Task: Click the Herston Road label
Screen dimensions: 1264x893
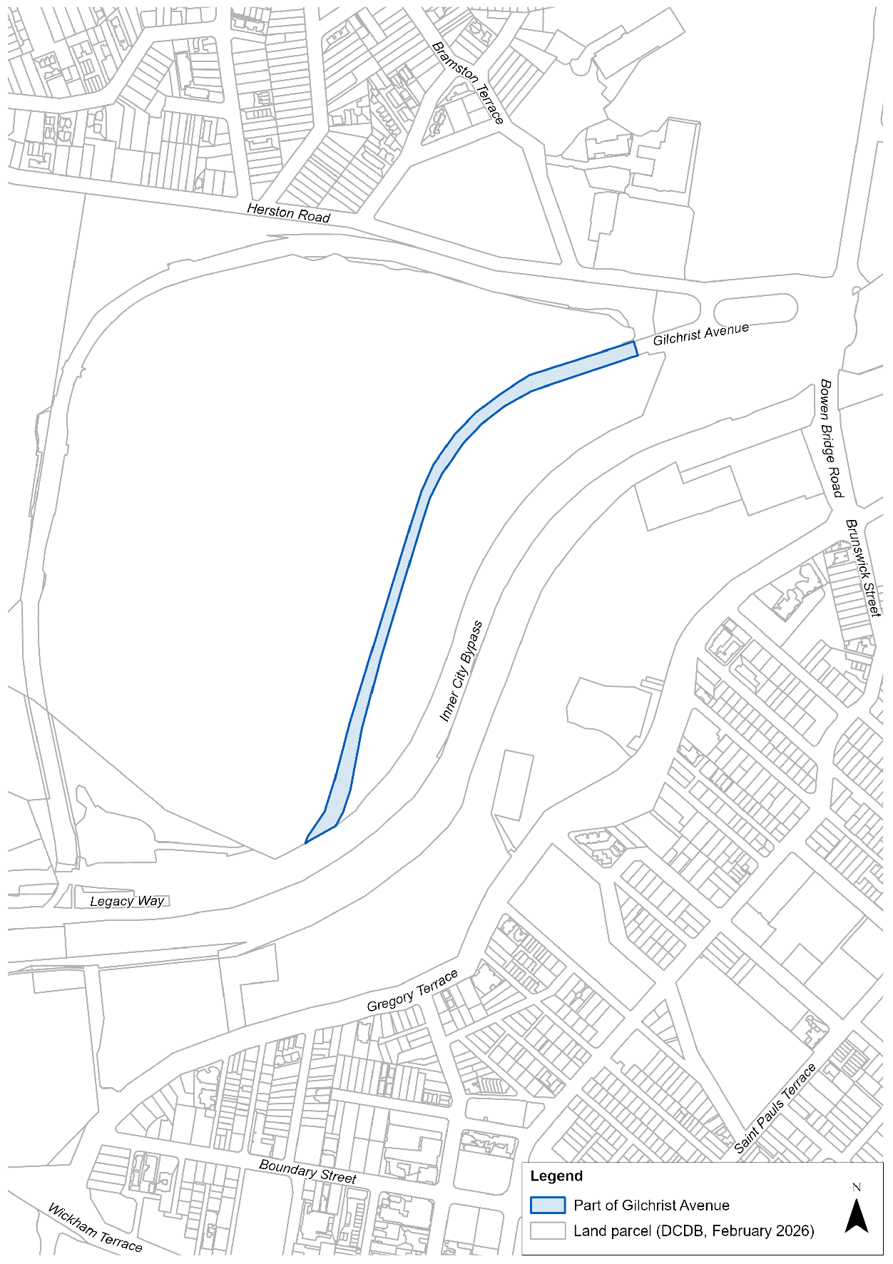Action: [288, 213]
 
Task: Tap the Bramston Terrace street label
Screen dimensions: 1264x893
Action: [468, 83]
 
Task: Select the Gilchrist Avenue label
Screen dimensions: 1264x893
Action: [700, 334]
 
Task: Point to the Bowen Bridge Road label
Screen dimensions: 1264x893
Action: [831, 438]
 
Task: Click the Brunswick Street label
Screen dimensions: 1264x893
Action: [863, 567]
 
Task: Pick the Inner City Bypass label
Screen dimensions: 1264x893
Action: [461, 671]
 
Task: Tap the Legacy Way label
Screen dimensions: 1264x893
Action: [127, 901]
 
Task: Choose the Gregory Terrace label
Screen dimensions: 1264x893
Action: [412, 991]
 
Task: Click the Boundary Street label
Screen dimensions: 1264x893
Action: [307, 1171]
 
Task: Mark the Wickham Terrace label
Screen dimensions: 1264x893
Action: [95, 1227]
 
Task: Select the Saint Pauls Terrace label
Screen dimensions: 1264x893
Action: [775, 1108]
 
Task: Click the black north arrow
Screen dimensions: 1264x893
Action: [856, 1216]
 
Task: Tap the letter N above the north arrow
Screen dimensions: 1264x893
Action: [856, 1187]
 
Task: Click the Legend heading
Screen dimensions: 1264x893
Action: [556, 1176]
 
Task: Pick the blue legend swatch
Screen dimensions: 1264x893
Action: [547, 1205]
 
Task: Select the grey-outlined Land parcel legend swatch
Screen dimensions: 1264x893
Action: [547, 1230]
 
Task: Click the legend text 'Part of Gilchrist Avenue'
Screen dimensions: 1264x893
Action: [651, 1206]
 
